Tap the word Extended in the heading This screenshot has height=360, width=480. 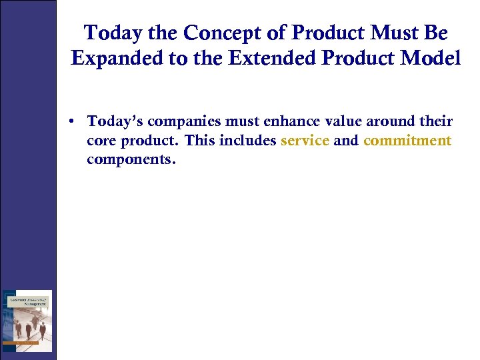(271, 59)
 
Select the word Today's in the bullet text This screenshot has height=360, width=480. (113, 122)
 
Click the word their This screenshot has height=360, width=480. (436, 122)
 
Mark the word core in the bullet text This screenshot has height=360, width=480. (101, 141)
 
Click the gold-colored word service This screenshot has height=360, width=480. (305, 141)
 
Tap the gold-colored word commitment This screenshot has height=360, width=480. (407, 141)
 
